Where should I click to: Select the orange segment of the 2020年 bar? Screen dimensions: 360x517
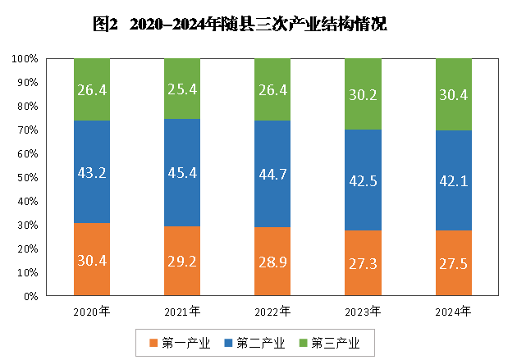(92, 271)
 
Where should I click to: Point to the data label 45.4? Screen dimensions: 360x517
(182, 174)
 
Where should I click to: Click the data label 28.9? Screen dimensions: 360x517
(272, 262)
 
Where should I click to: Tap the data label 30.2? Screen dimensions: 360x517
(363, 94)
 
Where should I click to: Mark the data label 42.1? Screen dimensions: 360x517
(453, 181)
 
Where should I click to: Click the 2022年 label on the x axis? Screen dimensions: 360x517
(272, 312)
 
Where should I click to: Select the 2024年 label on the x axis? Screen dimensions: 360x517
(453, 312)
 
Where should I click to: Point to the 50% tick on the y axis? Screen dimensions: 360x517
(27, 178)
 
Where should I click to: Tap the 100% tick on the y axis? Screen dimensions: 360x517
(25, 59)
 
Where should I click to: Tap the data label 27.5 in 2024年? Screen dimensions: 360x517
(453, 262)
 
